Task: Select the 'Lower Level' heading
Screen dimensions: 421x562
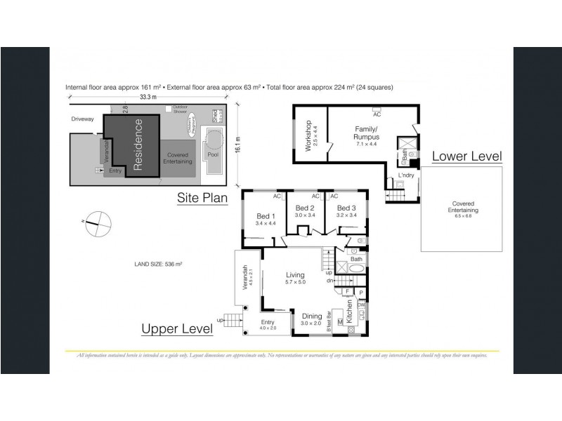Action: pyautogui.click(x=466, y=156)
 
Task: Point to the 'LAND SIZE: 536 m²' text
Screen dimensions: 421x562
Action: pyautogui.click(x=158, y=265)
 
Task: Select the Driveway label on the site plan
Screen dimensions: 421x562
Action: pyautogui.click(x=82, y=119)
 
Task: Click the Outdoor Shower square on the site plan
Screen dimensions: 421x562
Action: pyautogui.click(x=167, y=108)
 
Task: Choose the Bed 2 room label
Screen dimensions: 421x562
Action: pyautogui.click(x=305, y=208)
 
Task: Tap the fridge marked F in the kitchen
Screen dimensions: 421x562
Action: pyautogui.click(x=346, y=290)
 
